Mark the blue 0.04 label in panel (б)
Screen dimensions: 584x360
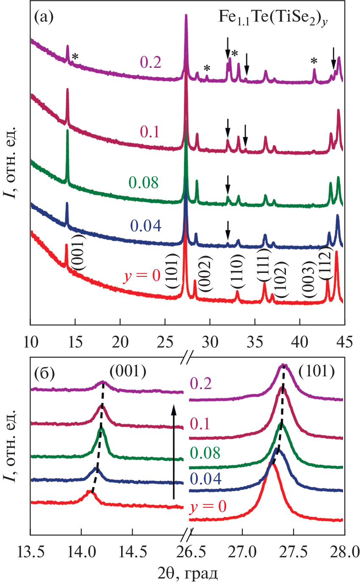pos(206,479)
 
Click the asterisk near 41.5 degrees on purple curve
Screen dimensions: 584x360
pos(314,61)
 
